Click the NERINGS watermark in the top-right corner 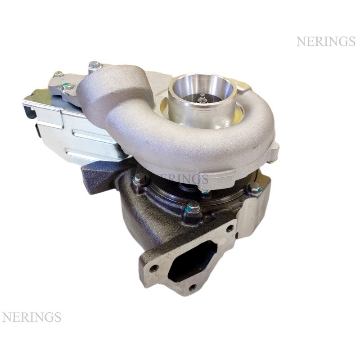pos(326,41)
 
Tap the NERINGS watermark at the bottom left pos(31,317)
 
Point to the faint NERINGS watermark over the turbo pos(182,179)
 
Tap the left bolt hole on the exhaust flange pos(153,268)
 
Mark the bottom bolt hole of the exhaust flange pos(192,287)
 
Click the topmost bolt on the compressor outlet pos(94,65)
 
